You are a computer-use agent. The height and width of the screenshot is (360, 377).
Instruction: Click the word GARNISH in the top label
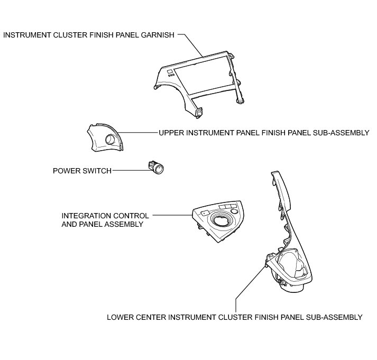(x=155, y=35)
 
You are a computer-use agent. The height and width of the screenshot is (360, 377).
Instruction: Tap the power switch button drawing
(x=157, y=168)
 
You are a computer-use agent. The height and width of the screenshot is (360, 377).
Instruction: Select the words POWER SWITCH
(x=82, y=171)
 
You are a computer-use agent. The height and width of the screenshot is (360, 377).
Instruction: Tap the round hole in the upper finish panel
(x=112, y=140)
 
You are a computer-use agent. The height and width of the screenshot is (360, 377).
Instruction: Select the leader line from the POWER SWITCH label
(x=130, y=170)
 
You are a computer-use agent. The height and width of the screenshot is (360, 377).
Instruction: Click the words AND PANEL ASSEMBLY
(x=103, y=224)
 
